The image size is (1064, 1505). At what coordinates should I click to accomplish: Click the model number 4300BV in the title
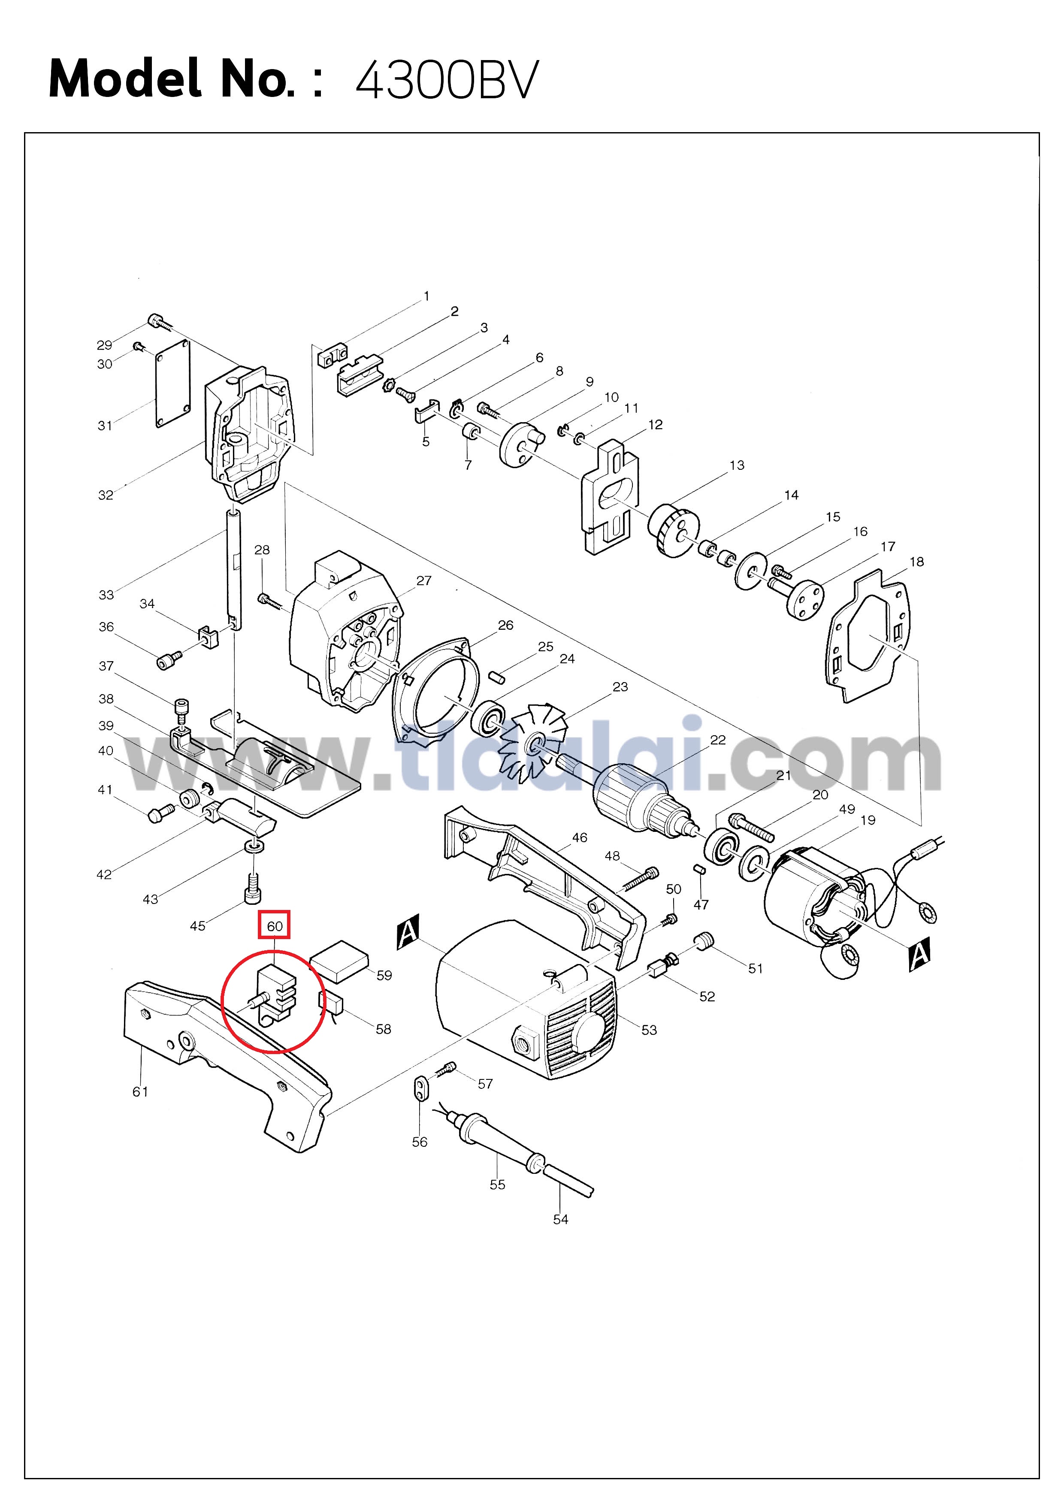click(x=447, y=79)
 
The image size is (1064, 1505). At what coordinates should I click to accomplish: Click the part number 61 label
click(x=140, y=1091)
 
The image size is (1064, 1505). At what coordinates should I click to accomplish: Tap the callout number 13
click(x=737, y=465)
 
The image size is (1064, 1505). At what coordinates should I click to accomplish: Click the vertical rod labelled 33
click(x=234, y=570)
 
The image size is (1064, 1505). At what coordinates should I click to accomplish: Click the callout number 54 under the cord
click(x=560, y=1219)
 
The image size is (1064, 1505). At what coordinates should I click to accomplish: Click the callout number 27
click(x=424, y=581)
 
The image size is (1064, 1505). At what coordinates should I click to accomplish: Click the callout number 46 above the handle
click(x=580, y=838)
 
